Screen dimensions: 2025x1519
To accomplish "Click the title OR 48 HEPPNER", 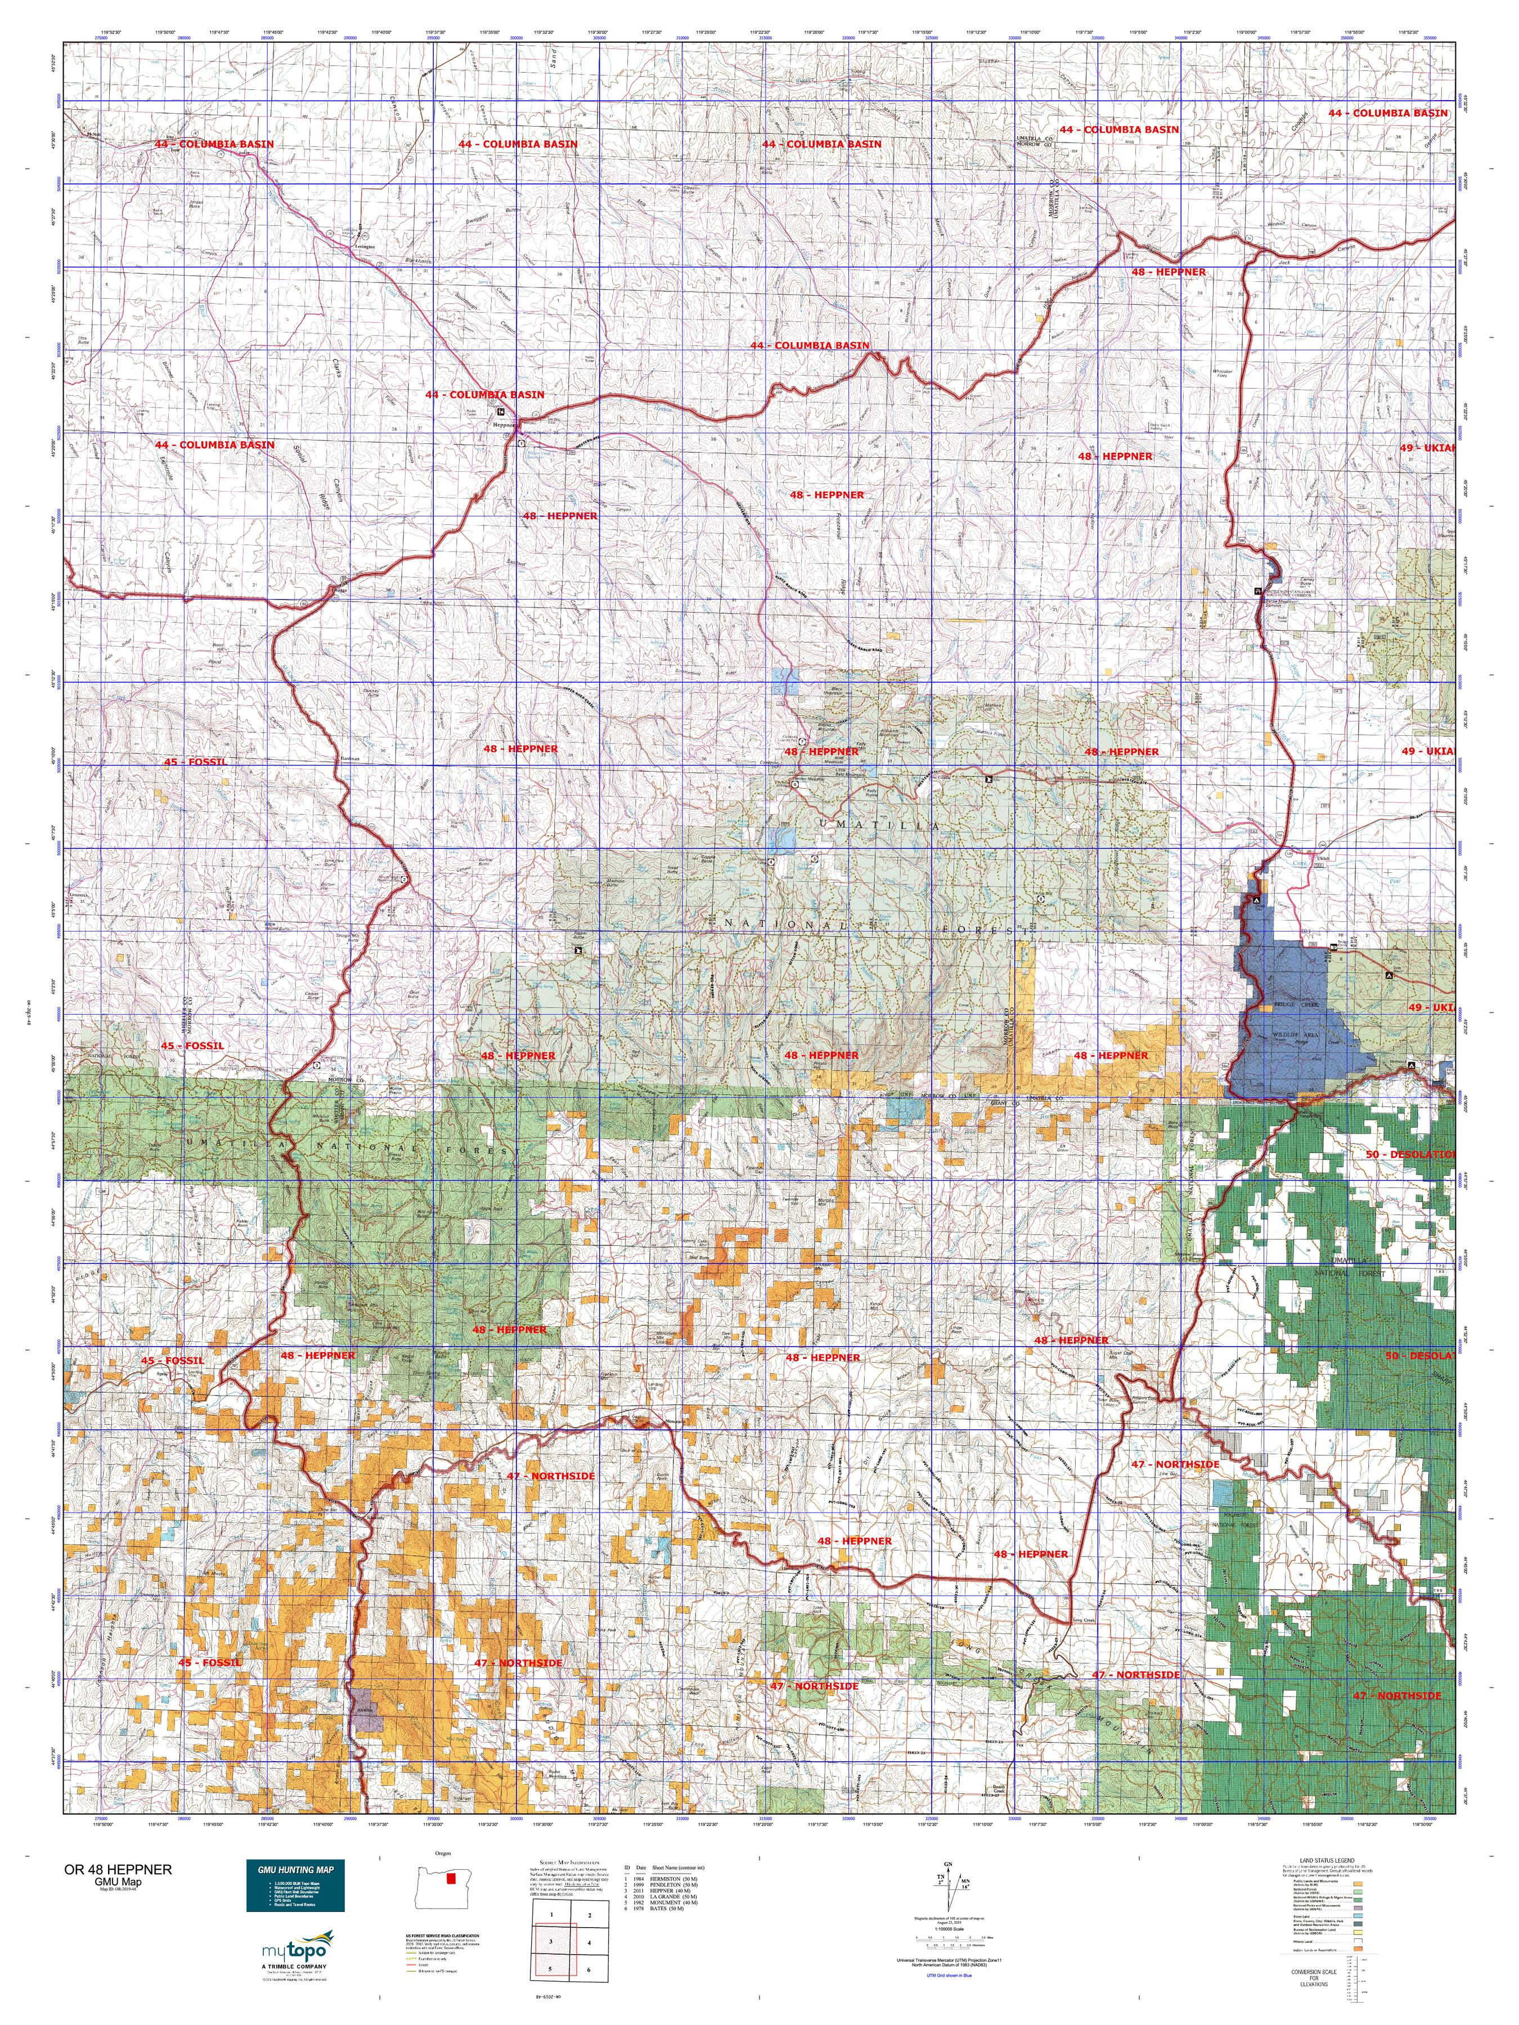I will tap(116, 1869).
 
